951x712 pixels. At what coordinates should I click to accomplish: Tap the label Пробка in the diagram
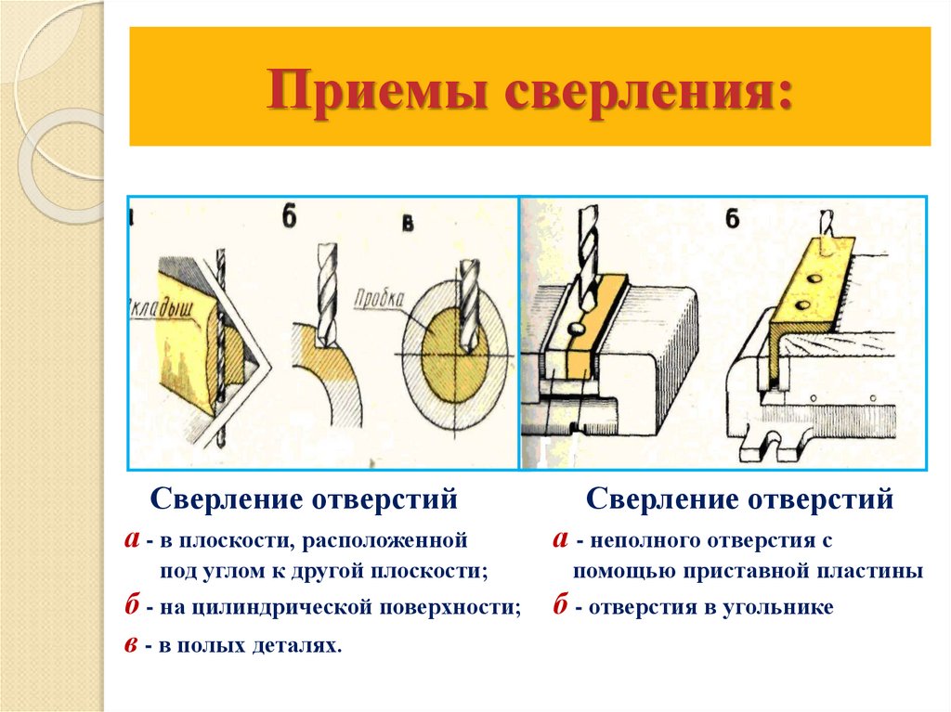tap(379, 299)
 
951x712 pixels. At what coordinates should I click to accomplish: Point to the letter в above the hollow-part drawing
tap(407, 227)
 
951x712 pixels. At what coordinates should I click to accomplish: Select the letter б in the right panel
tap(733, 219)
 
